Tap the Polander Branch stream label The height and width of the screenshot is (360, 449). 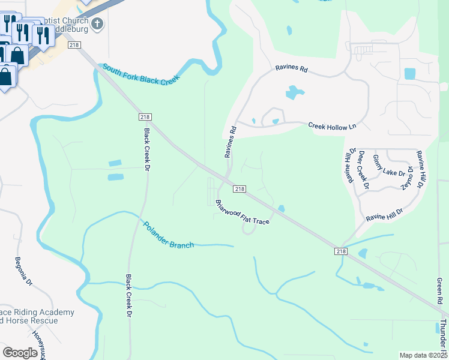pos(168,235)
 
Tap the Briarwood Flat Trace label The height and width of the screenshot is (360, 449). pos(243,212)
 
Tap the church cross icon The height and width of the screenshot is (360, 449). pos(98,25)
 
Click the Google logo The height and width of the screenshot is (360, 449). pos(20,353)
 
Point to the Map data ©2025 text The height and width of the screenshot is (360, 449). pos(423,355)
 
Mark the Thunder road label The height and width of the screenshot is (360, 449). pos(443,336)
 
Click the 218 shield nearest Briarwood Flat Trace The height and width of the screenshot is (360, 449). pos(239,189)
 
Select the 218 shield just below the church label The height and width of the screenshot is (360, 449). pos(74,45)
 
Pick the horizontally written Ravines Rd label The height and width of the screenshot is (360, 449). pos(291,70)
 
